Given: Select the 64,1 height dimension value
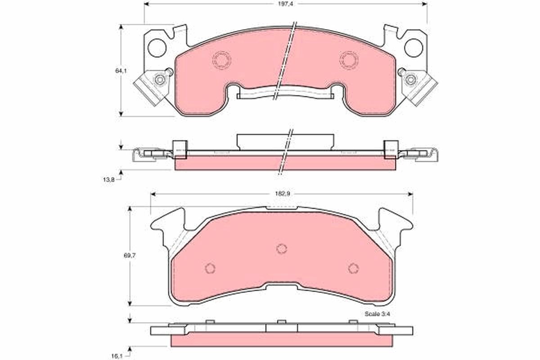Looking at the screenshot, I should click(x=118, y=71).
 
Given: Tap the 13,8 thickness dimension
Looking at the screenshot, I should click(x=106, y=180).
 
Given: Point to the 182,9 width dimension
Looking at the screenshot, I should click(x=282, y=193).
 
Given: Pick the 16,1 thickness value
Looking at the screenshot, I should click(x=117, y=356).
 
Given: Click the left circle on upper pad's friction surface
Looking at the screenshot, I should click(x=221, y=60).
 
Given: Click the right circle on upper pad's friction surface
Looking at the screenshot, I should click(x=349, y=60).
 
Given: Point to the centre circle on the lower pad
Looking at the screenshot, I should click(x=282, y=248).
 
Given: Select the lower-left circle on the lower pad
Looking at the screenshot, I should click(x=210, y=268).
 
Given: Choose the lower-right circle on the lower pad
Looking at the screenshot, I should click(x=354, y=268).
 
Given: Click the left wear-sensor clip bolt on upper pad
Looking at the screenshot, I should click(x=159, y=80).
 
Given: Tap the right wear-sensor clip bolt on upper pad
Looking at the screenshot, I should click(x=410, y=80).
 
